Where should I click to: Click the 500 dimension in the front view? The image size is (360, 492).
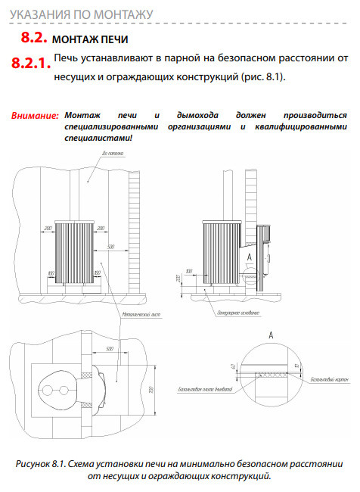(x=110, y=247)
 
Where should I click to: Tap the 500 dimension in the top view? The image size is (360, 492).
(x=110, y=349)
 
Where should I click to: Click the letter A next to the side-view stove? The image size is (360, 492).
(x=247, y=257)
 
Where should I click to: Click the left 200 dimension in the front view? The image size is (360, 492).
(x=48, y=227)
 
